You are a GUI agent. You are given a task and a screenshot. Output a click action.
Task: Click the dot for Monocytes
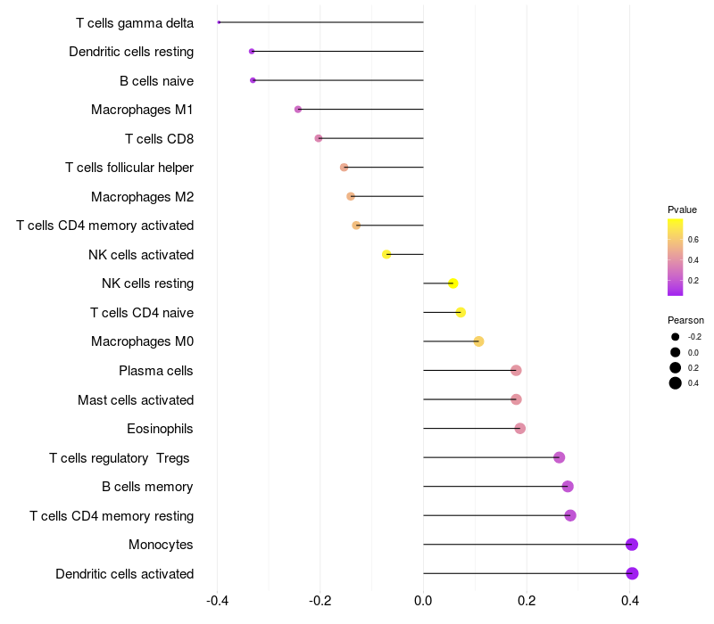(632, 545)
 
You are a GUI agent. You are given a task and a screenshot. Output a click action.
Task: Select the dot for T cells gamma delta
(219, 22)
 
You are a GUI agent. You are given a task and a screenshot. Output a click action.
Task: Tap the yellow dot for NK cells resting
(453, 283)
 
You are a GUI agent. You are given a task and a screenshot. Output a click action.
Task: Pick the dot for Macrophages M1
(298, 110)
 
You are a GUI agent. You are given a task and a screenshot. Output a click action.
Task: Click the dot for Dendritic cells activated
(633, 573)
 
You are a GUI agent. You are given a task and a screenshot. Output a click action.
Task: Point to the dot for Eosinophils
(520, 429)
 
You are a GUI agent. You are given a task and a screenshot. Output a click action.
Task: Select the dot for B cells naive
(253, 80)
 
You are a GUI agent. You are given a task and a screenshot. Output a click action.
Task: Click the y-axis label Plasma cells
(156, 371)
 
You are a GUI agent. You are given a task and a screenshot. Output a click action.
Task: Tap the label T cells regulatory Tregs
(120, 458)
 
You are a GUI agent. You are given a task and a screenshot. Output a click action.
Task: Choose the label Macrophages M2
(142, 197)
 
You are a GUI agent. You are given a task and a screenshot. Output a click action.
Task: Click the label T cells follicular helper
(129, 168)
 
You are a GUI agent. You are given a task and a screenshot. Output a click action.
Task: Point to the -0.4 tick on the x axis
(217, 600)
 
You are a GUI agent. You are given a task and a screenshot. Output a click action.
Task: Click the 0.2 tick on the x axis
(527, 600)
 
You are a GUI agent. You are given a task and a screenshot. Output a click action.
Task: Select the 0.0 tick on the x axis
(423, 600)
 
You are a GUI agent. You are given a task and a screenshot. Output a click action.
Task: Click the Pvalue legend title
(682, 209)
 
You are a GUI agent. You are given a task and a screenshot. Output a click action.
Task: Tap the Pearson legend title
(685, 320)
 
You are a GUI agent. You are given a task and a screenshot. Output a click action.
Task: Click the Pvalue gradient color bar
(676, 257)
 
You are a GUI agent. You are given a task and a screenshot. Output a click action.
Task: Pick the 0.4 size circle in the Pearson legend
(676, 383)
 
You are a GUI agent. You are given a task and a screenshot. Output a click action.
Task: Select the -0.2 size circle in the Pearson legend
(676, 337)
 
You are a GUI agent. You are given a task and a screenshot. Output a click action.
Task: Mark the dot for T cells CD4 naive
(461, 312)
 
